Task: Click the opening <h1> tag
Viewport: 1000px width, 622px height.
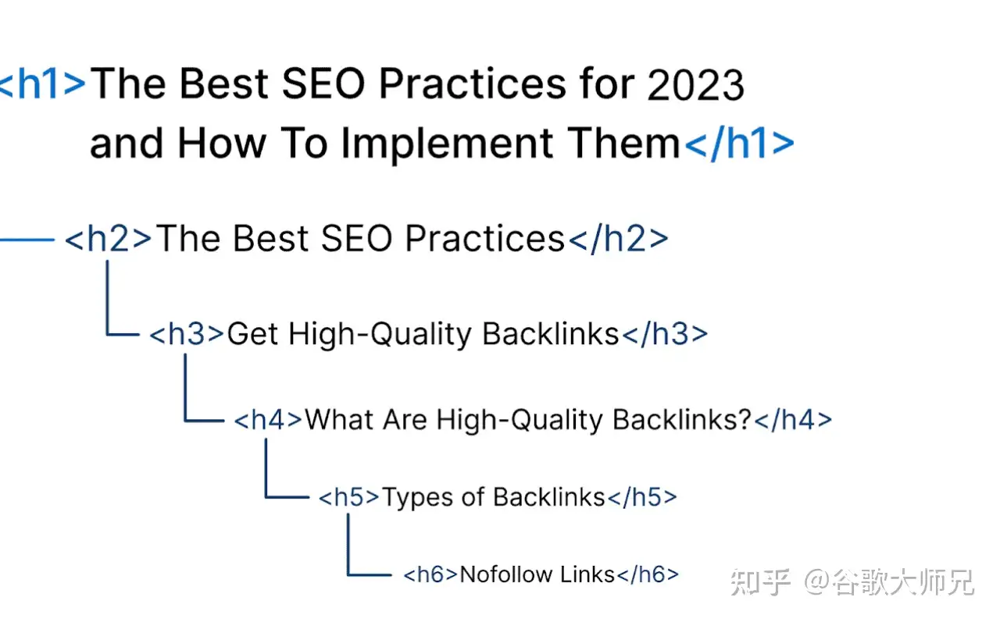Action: tap(42, 84)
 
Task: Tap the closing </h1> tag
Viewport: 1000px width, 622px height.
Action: tap(739, 143)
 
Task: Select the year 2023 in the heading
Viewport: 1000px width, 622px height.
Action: tap(695, 85)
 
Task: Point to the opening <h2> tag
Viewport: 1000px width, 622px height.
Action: tap(109, 239)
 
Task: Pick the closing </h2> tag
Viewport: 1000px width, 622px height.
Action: tap(618, 239)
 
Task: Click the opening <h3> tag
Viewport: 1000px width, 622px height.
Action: tap(186, 334)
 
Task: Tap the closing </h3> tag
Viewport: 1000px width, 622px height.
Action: tap(665, 334)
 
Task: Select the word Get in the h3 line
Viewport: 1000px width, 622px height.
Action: tap(253, 334)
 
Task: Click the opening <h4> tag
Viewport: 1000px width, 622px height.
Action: tap(268, 420)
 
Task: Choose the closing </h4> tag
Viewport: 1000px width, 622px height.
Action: tap(793, 420)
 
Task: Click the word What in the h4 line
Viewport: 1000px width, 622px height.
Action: tap(339, 420)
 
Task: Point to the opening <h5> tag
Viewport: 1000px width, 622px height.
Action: tap(348, 497)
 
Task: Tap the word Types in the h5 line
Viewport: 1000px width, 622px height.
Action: tap(418, 498)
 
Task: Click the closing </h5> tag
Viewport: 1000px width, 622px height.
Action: tap(642, 497)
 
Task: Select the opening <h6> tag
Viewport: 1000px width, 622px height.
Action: tap(430, 574)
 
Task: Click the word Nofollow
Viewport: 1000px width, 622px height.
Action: tap(506, 574)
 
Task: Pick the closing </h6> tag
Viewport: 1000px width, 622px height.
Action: tap(648, 574)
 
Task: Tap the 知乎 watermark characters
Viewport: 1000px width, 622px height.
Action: tap(761, 582)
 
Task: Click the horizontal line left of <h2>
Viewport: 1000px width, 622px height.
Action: tap(27, 240)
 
